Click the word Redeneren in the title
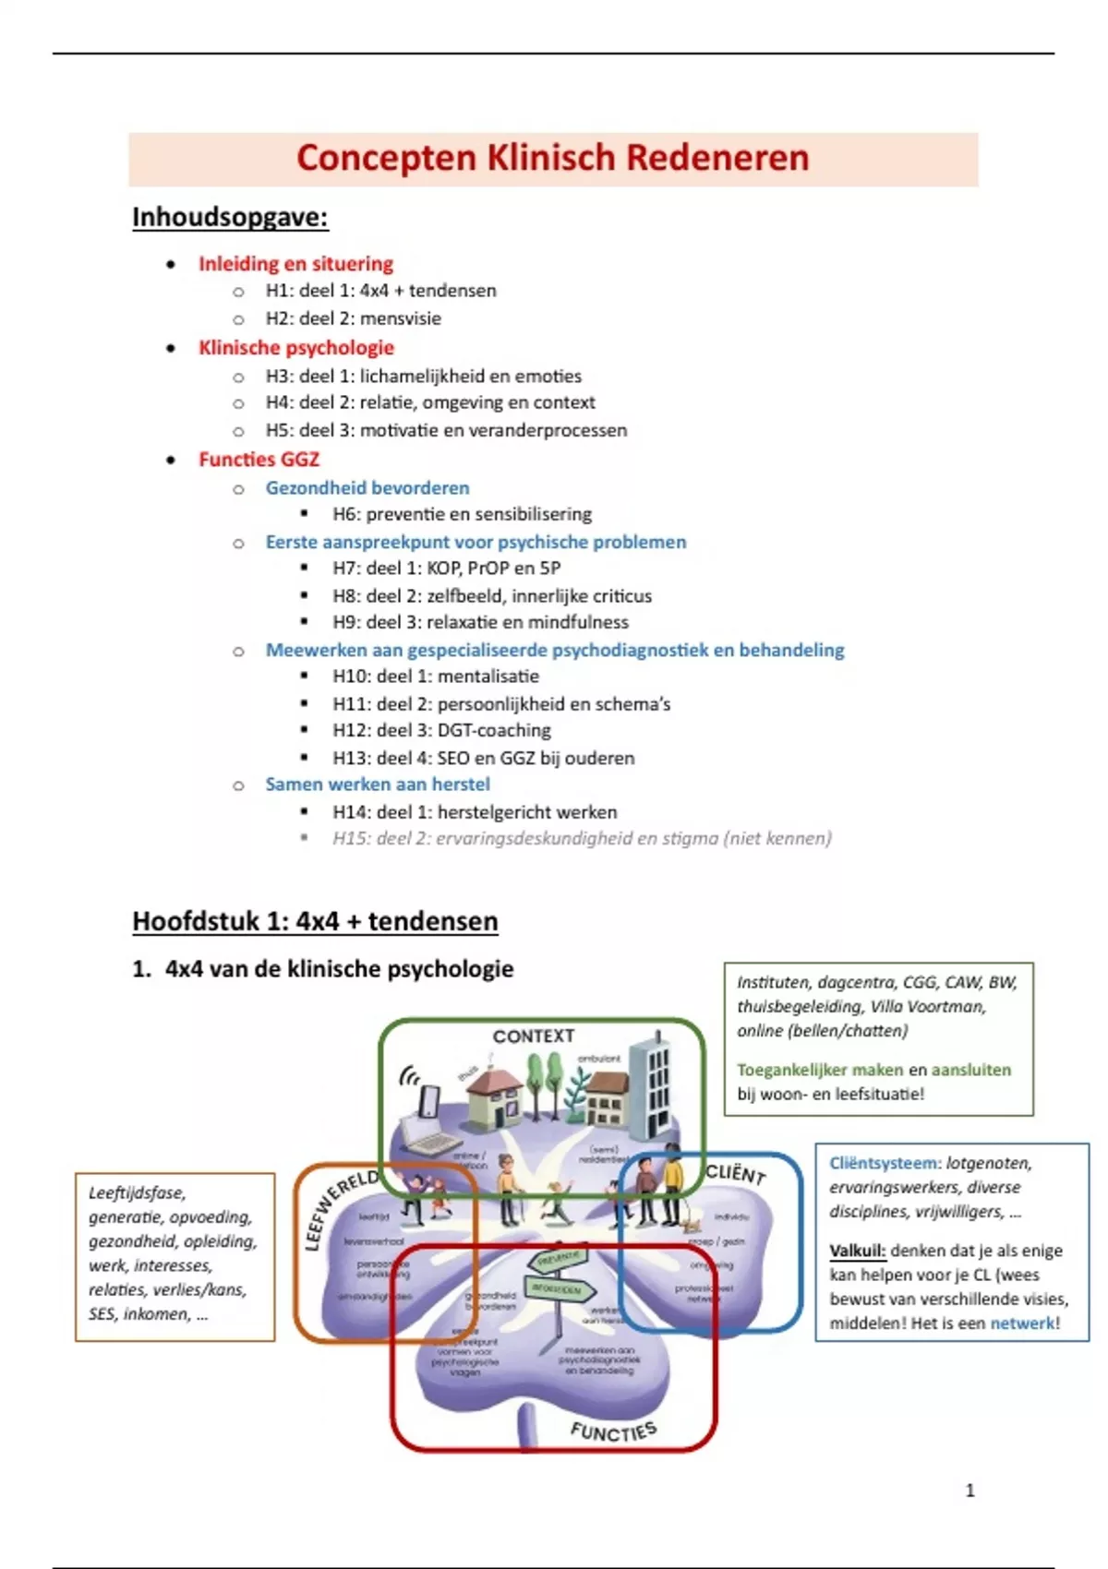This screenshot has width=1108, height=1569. pos(717,158)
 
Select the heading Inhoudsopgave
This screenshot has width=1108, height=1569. pos(230,218)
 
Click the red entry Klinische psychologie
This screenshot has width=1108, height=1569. pos(296,348)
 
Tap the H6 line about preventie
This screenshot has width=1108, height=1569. pos(462,514)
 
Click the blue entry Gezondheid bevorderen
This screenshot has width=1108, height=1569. pos(367,487)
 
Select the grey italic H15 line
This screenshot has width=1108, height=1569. pos(582,838)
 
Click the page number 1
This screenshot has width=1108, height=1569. pos(969,1490)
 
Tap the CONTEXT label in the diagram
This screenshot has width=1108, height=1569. pos(534,1036)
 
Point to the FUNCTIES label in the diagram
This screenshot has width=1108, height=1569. pos(613,1431)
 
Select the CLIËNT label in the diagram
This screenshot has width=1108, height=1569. pos(736,1173)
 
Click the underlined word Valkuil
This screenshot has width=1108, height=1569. pos(857,1252)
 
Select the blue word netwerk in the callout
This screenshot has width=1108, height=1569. pos(1022,1323)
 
